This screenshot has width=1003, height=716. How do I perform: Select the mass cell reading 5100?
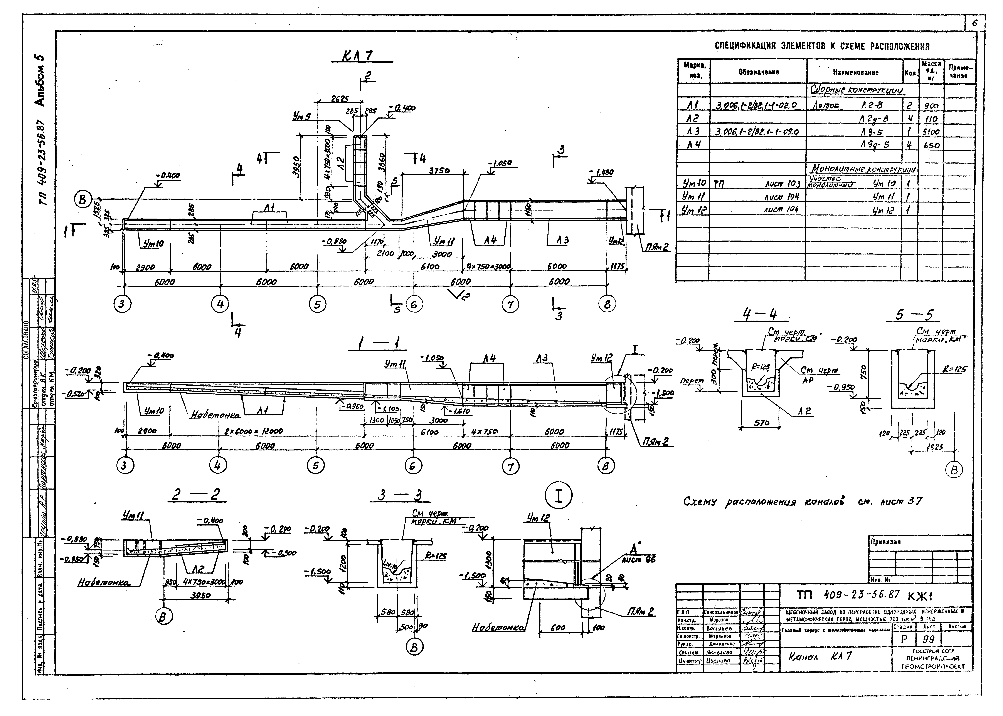pos(931,132)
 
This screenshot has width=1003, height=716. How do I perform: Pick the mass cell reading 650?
pos(931,145)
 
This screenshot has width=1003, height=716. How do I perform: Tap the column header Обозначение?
pos(759,72)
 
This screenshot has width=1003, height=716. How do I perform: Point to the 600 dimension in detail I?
pos(558,628)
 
